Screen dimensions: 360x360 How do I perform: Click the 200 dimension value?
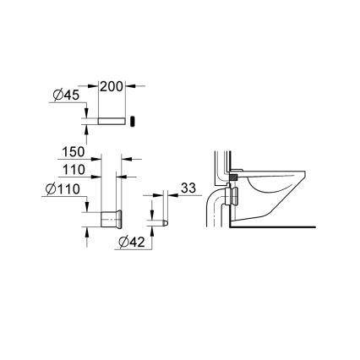(x=112, y=87)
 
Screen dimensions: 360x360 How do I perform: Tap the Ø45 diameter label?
(x=64, y=95)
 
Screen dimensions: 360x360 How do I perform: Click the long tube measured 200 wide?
(x=112, y=121)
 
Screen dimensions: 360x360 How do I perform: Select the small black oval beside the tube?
(x=132, y=121)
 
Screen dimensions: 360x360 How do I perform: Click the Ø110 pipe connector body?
(x=111, y=219)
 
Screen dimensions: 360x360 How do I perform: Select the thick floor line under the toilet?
(x=279, y=226)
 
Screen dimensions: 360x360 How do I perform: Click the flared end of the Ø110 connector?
(x=124, y=219)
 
